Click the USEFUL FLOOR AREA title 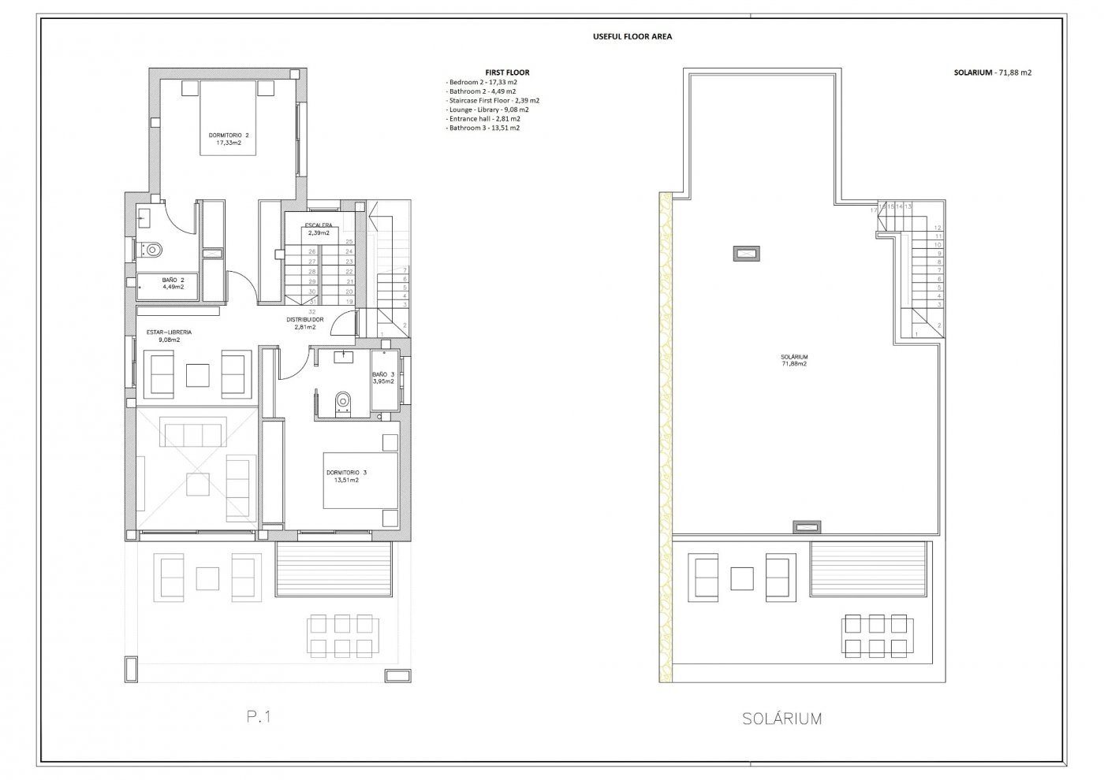pyautogui.click(x=632, y=36)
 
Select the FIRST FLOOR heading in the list pyautogui.click(x=507, y=72)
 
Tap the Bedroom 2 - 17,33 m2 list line pyautogui.click(x=482, y=82)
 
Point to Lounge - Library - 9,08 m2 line pyautogui.click(x=488, y=110)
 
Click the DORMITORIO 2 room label pyautogui.click(x=228, y=139)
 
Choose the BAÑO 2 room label pyautogui.click(x=173, y=283)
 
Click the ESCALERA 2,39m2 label pyautogui.click(x=319, y=229)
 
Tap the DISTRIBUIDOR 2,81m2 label pyautogui.click(x=305, y=323)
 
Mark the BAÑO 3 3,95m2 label pyautogui.click(x=382, y=378)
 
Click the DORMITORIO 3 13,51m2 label pyautogui.click(x=346, y=476)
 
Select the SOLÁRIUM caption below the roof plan pyautogui.click(x=781, y=719)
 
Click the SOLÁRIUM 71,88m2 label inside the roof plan pyautogui.click(x=793, y=360)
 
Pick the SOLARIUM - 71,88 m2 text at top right pyautogui.click(x=992, y=72)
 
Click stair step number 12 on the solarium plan pyautogui.click(x=938, y=228)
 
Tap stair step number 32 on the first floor pyautogui.click(x=313, y=311)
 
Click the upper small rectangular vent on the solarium pyautogui.click(x=747, y=253)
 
